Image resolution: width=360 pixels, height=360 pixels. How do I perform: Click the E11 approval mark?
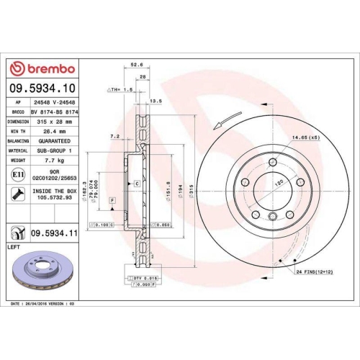click(x=17, y=175)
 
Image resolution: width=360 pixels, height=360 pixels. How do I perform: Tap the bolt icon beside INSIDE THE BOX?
click(x=17, y=194)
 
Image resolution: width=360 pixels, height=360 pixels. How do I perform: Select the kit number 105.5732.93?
click(x=57, y=197)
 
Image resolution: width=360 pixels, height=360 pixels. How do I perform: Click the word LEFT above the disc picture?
click(x=14, y=247)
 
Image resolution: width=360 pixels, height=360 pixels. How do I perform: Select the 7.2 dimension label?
click(x=114, y=135)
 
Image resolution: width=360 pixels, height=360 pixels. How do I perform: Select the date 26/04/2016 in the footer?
click(x=40, y=304)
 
